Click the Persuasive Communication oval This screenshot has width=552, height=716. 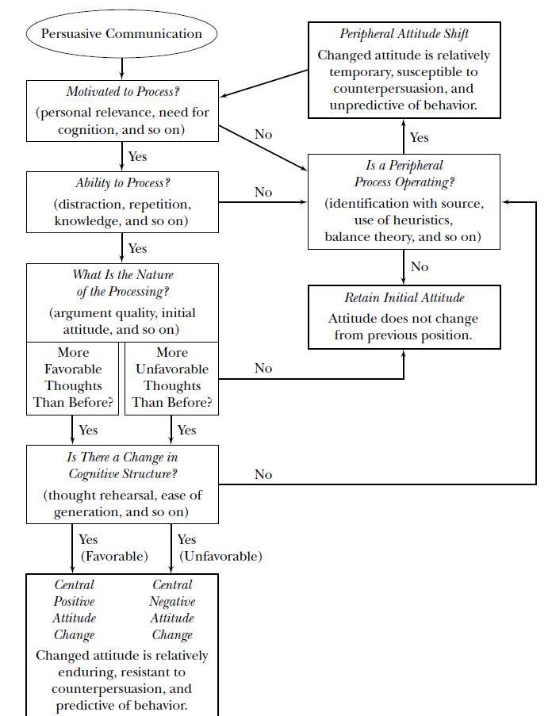(121, 34)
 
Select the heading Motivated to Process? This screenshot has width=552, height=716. (121, 92)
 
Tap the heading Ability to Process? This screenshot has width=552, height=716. (122, 183)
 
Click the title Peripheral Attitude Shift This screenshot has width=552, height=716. (404, 34)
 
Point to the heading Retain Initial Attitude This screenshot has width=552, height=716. (404, 298)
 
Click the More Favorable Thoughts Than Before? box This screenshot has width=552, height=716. (73, 377)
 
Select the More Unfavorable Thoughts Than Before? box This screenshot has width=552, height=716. (172, 377)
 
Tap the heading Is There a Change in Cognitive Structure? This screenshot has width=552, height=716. (121, 466)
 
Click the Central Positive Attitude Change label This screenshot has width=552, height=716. (75, 610)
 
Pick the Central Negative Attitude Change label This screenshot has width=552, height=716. (172, 610)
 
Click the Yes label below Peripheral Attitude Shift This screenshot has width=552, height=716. (419, 137)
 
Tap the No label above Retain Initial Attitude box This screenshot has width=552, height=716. (419, 267)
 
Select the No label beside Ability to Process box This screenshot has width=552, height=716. (263, 193)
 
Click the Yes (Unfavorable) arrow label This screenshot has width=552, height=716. (220, 548)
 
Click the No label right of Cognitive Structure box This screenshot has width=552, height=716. (263, 475)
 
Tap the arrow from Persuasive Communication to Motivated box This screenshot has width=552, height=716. (122, 68)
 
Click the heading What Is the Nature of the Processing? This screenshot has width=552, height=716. (121, 283)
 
